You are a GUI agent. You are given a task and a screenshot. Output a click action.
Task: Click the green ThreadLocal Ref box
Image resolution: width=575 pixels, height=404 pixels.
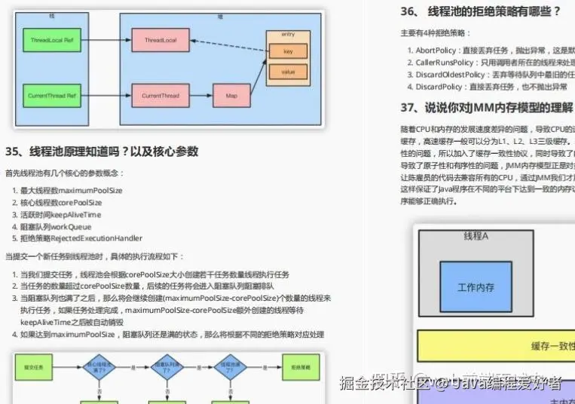coord(52,39)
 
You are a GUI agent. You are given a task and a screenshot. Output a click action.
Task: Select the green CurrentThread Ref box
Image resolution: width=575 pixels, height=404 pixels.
coord(52,96)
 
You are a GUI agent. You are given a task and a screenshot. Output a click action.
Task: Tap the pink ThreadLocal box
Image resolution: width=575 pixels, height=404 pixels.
coord(160,39)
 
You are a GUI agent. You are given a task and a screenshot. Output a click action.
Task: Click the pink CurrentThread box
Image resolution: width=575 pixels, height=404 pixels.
coord(160,96)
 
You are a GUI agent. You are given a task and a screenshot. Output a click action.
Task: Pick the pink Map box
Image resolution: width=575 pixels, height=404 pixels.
coord(231,96)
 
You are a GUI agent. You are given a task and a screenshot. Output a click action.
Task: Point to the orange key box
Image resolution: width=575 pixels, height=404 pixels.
coord(288,51)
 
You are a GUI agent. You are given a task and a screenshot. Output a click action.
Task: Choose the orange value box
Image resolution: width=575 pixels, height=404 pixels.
coord(288,72)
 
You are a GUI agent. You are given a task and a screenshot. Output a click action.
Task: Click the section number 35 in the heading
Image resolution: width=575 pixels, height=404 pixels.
coord(14,151)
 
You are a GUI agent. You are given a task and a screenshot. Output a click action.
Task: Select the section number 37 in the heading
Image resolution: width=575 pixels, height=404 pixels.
coord(410,107)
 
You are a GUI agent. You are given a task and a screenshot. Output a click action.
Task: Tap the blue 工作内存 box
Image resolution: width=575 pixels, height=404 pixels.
coord(476,287)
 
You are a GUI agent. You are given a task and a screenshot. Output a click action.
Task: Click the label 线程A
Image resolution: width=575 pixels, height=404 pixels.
coord(476,237)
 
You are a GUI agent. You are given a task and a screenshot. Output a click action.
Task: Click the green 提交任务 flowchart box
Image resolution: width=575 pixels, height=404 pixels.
coord(33,367)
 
